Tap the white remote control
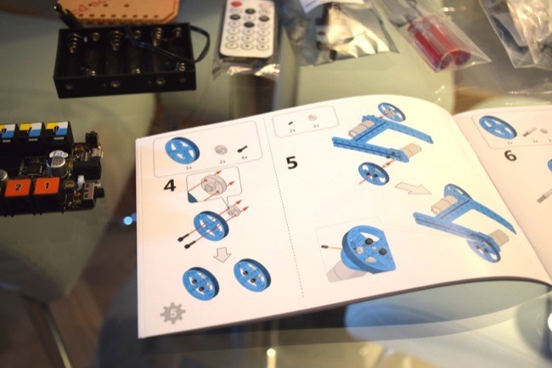(248, 30)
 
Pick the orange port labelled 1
(46, 184)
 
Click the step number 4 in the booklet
(170, 182)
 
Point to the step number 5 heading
(291, 161)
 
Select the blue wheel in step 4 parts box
(182, 150)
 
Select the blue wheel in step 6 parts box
(498, 127)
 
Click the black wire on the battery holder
(202, 38)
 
